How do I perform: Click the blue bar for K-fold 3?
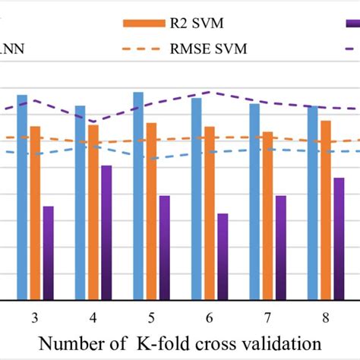pyautogui.click(x=22, y=197)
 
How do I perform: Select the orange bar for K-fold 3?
pyautogui.click(x=35, y=213)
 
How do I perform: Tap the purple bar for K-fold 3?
pyautogui.click(x=48, y=253)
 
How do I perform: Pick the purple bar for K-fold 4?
pyautogui.click(x=106, y=232)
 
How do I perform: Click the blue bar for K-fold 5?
pyautogui.click(x=138, y=196)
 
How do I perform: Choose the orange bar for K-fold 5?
pyautogui.click(x=151, y=211)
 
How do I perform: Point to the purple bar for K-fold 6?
pyautogui.click(x=222, y=257)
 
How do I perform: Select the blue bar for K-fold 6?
pyautogui.click(x=197, y=199)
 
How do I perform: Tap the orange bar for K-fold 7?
pyautogui.click(x=267, y=216)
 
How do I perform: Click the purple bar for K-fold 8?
pyautogui.click(x=338, y=238)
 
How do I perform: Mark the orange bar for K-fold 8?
pyautogui.click(x=325, y=210)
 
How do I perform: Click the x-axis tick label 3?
pyautogui.click(x=35, y=316)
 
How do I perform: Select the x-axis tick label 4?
pyautogui.click(x=93, y=316)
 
